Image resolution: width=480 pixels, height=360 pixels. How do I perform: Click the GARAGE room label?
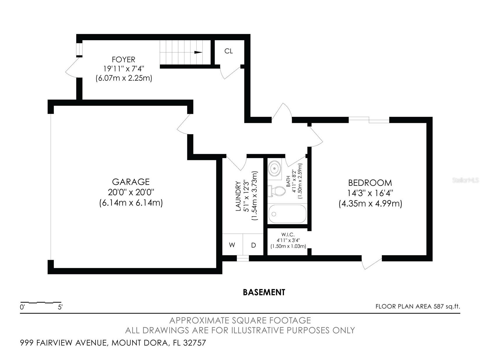click(x=131, y=182)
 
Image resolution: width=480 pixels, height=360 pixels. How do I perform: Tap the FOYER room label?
click(x=123, y=59)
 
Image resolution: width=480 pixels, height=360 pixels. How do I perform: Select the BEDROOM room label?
click(x=370, y=183)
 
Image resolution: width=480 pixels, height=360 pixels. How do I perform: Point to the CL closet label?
click(x=229, y=51)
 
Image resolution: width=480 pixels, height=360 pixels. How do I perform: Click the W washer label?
click(x=232, y=245)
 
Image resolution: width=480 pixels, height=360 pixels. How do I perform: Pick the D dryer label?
click(x=253, y=245)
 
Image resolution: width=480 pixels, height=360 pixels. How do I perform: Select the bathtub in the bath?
click(x=287, y=214)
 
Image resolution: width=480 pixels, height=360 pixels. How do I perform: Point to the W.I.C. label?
click(x=288, y=235)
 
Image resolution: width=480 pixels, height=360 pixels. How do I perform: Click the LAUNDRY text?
click(x=238, y=196)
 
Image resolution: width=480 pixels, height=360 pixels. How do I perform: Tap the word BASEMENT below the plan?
click(x=264, y=292)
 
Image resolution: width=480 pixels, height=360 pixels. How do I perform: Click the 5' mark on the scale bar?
click(x=60, y=307)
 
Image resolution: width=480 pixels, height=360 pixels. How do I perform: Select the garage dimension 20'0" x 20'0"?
click(x=131, y=192)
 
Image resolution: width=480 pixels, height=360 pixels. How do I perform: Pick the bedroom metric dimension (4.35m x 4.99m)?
click(x=370, y=204)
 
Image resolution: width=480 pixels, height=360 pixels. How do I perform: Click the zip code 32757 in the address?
click(x=194, y=343)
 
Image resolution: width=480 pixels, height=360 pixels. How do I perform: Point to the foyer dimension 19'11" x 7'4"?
click(x=123, y=69)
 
